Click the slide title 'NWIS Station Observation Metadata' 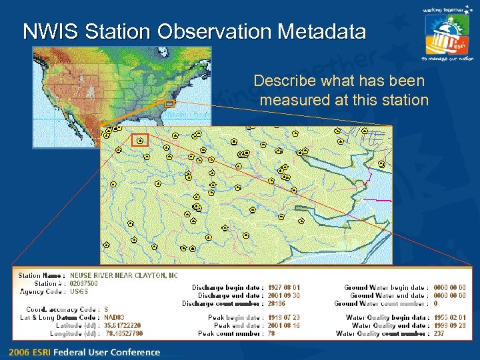point(194,31)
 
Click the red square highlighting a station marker point(140,139)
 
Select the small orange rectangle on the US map point(169,104)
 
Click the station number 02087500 point(84,283)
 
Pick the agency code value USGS point(79,291)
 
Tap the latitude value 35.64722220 point(123,325)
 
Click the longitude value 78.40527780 point(124,333)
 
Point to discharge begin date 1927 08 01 point(284,287)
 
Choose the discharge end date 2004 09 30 point(284,295)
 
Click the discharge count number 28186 point(277,303)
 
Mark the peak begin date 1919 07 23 point(284,317)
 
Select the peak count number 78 point(271,333)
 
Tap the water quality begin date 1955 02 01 point(449,317)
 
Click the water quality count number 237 point(439,333)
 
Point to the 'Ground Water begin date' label point(386,287)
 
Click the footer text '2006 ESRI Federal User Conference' point(85,352)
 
